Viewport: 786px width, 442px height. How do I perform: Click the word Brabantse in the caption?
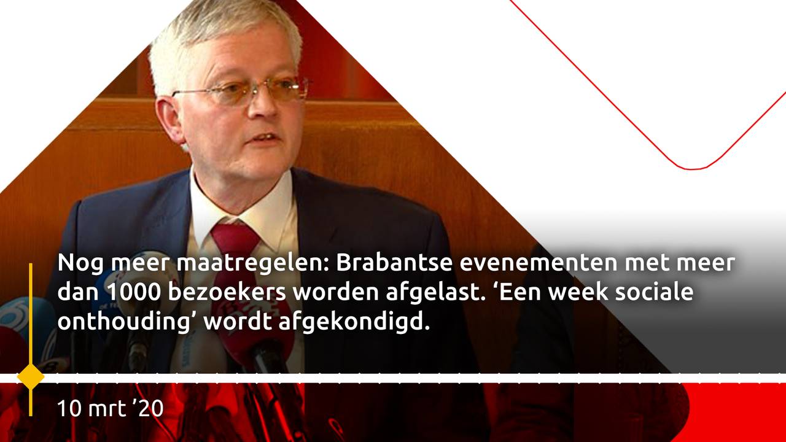click(394, 263)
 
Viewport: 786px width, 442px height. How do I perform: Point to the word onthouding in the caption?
click(123, 322)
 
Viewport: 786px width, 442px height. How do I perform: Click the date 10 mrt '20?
click(111, 409)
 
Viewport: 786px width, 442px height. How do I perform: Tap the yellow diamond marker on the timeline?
click(31, 377)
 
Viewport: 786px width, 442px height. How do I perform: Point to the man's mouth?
click(265, 138)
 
